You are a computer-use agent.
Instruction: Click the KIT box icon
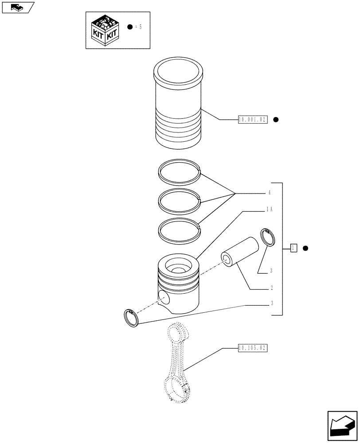pos(105,30)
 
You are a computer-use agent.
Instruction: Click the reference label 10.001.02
pos(253,120)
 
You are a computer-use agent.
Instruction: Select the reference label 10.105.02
pos(253,348)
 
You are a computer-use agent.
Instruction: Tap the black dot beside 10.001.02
pos(276,120)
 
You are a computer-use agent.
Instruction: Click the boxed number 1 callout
pos(293,248)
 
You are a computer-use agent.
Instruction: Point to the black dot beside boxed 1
pos(305,248)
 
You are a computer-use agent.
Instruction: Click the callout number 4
pos(269,193)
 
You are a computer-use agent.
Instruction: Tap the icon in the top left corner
pos(18,7)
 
